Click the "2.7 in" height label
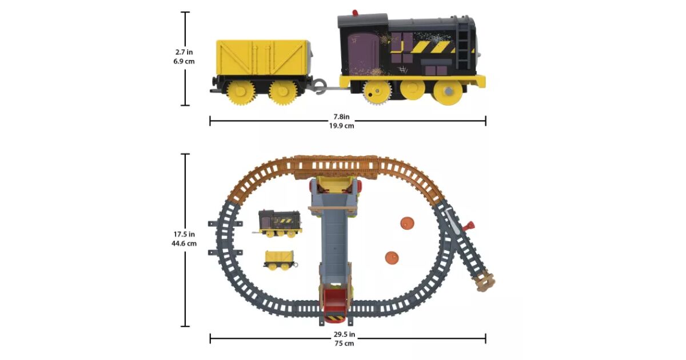click(x=184, y=52)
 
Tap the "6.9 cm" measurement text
click(x=184, y=61)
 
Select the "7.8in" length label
click(x=341, y=117)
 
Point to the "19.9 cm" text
click(x=342, y=126)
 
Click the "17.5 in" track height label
click(x=184, y=234)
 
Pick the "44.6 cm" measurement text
click(x=184, y=243)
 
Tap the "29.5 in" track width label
click(x=344, y=334)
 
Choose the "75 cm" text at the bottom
click(x=344, y=343)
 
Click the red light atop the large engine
click(x=355, y=13)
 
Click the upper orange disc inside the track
click(x=407, y=223)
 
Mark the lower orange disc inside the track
click(x=392, y=258)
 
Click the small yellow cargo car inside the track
click(x=280, y=261)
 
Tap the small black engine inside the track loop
click(x=278, y=224)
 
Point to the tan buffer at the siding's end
click(x=485, y=281)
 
